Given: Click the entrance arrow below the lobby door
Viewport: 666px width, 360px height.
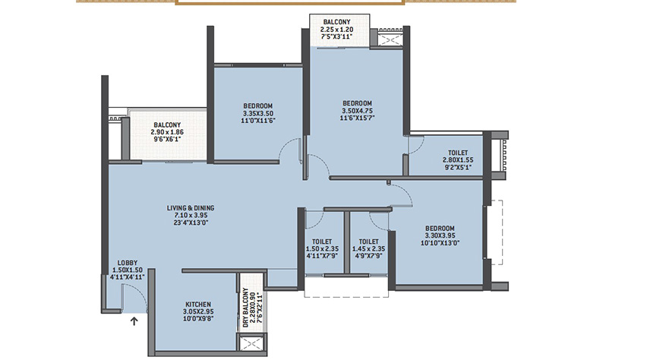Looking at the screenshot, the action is point(134,321).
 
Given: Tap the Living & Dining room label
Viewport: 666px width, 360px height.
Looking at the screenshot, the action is point(191,208).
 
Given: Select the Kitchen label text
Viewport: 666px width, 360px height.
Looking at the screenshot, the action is point(198,305).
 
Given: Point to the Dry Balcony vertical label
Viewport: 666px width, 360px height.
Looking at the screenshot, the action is point(245,308).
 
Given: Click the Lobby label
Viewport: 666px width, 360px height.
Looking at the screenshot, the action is point(128,263).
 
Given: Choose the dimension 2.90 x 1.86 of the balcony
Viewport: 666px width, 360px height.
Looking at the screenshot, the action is point(167,132).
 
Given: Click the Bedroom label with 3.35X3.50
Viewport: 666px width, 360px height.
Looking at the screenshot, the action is point(258,106).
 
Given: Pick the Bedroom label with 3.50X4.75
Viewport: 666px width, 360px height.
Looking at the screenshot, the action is point(357,103).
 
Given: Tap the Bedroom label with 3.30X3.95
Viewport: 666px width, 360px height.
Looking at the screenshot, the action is point(440,229).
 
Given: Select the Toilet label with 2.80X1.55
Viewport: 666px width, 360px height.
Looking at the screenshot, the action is point(458,153).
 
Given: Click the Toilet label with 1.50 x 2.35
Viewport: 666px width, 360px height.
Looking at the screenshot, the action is point(322,242).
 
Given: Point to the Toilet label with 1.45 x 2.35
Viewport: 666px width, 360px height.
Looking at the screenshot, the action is point(368,242).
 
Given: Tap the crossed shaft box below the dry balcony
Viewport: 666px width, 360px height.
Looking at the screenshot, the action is point(251,344).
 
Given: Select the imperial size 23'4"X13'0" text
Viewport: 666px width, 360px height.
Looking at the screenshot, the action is point(191,223).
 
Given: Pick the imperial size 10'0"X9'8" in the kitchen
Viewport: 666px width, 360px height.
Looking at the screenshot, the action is point(198,318).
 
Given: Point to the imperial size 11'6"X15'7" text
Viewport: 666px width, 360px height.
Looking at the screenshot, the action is point(357,118).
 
